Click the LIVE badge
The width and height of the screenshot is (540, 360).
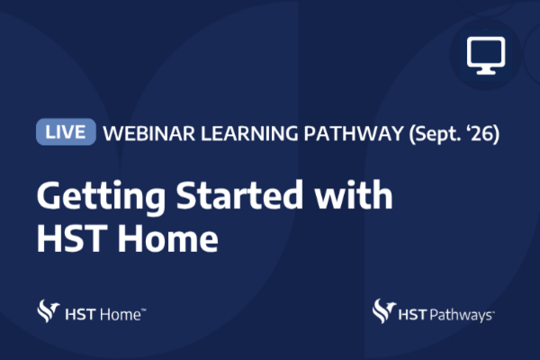(66, 131)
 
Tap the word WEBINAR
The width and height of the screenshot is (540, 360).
(149, 133)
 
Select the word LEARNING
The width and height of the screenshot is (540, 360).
(249, 133)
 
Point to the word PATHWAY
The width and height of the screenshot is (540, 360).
(354, 133)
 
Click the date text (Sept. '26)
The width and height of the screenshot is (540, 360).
(454, 134)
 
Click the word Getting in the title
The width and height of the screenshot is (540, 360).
(101, 195)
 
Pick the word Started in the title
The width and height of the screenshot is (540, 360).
(239, 195)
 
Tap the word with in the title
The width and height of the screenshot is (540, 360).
(354, 194)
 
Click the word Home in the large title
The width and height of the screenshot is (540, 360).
(168, 238)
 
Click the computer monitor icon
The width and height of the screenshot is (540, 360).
(486, 55)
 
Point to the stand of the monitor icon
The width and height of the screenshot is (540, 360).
(486, 70)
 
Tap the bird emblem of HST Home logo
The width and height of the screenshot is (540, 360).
(48, 311)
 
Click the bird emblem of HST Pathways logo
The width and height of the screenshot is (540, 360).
(383, 311)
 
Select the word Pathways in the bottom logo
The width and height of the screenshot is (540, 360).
(461, 316)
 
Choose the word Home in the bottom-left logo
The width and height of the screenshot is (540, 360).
(121, 314)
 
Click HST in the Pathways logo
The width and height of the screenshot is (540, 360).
(413, 315)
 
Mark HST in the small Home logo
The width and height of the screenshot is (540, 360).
(80, 314)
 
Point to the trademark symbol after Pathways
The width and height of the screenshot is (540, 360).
(493, 311)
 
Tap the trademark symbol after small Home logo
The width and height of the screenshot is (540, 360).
(144, 310)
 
